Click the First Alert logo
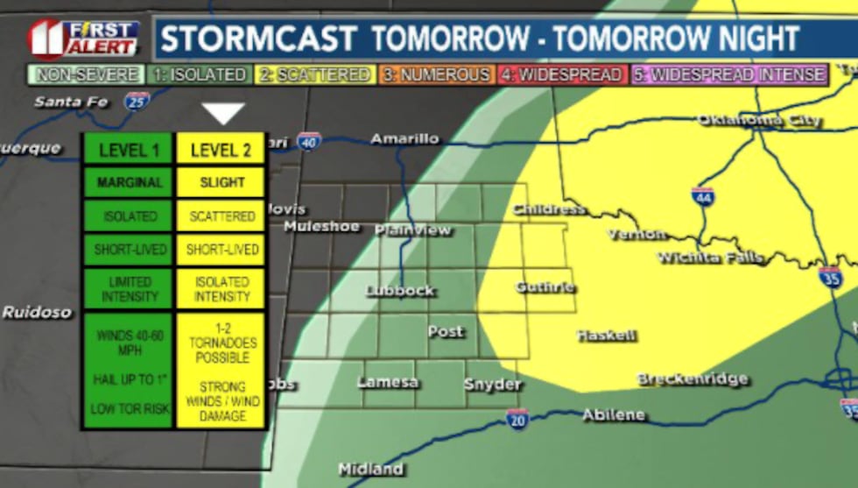(84, 38)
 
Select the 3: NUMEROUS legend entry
(434, 75)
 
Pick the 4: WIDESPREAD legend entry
(562, 75)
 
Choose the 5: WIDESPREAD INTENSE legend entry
(729, 75)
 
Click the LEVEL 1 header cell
(129, 150)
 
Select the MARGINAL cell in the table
(129, 182)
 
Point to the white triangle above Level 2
(222, 114)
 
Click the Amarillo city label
(404, 138)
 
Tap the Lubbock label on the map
(400, 290)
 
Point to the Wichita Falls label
(709, 258)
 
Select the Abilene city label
(613, 414)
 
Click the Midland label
(370, 469)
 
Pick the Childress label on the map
(549, 209)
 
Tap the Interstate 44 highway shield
(702, 197)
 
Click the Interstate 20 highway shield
(517, 419)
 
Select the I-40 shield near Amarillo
(308, 141)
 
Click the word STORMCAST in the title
(258, 39)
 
